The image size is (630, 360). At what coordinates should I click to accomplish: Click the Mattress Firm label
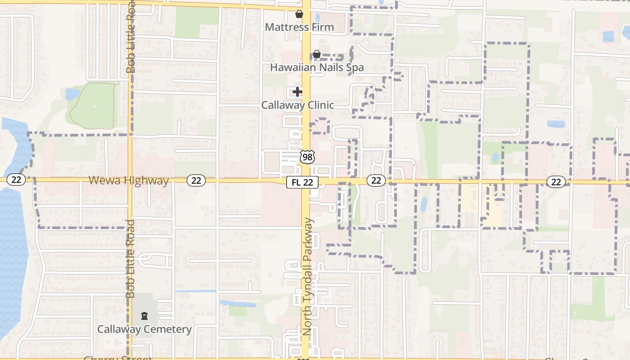tap(299, 27)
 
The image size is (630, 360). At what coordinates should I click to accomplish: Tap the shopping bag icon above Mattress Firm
tap(299, 14)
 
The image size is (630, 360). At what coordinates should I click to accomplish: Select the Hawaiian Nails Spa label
tap(317, 67)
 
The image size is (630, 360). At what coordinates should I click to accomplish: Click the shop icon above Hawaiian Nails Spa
tap(316, 54)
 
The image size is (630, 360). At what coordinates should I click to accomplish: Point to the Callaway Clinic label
tap(298, 105)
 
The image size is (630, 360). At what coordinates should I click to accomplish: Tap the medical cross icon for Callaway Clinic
tap(297, 92)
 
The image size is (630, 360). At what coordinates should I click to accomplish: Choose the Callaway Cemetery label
tap(144, 329)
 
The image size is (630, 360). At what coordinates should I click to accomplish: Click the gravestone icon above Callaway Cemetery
tap(144, 316)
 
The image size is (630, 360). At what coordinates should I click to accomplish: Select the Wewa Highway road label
tap(128, 180)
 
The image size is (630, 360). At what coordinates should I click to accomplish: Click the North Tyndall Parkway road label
tap(307, 277)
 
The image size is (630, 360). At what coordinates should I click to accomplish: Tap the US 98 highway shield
tap(307, 157)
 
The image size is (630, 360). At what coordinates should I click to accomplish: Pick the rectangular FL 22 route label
tap(302, 182)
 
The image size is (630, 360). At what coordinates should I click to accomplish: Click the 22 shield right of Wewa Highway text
tap(196, 180)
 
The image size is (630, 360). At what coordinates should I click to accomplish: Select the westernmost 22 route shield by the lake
tap(16, 180)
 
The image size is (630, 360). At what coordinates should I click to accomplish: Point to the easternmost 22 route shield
tap(556, 181)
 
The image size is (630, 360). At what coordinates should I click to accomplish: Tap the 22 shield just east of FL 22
tap(376, 180)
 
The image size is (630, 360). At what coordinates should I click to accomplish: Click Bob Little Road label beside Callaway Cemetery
tap(130, 259)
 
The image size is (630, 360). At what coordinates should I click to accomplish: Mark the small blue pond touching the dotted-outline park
tap(72, 94)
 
